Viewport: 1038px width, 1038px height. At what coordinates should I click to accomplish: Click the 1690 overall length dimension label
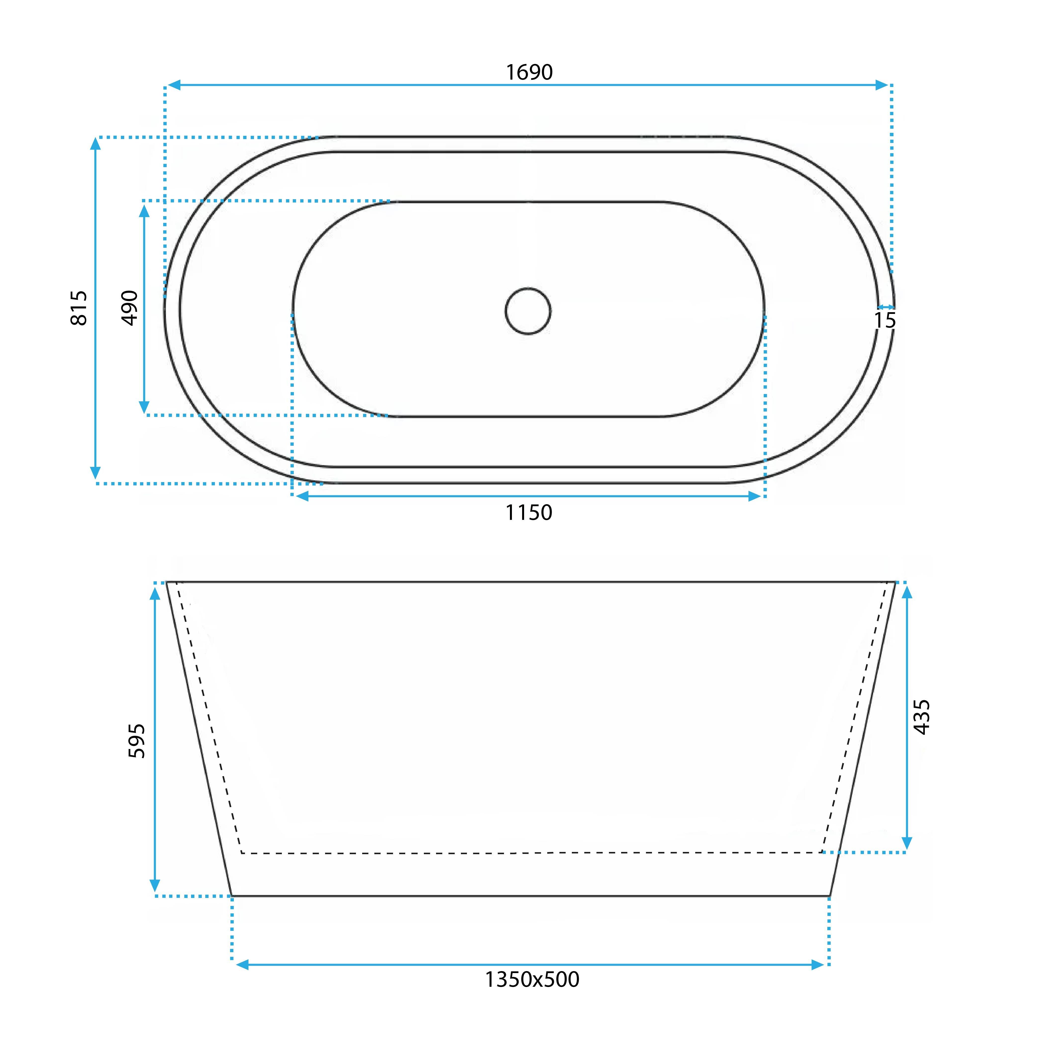[529, 72]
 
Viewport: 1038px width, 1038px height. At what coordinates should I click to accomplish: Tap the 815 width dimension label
[79, 308]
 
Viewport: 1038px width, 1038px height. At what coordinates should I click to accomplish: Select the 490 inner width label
[130, 308]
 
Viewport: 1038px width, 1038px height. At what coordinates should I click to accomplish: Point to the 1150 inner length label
[529, 513]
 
